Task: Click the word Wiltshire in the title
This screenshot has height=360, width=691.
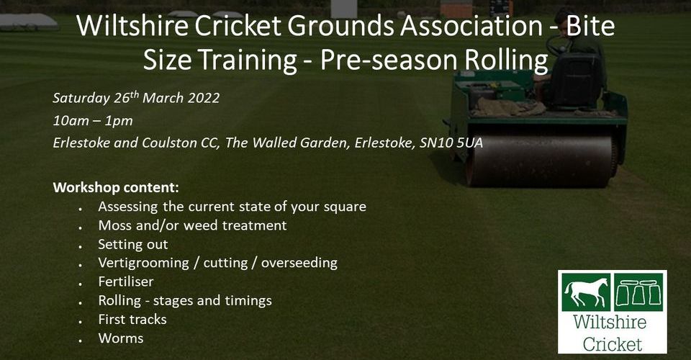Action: [132, 25]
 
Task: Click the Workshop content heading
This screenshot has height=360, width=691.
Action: [116, 188]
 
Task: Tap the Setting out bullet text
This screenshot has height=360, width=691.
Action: [133, 244]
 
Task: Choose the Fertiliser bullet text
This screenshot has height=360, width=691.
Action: [126, 282]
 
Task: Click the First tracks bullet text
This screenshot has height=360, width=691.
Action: [132, 320]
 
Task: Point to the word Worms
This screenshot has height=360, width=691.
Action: [121, 338]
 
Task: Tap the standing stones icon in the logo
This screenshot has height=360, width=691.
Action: [638, 292]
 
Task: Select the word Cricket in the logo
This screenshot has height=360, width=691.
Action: [613, 344]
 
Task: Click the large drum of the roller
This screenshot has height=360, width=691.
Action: [541, 161]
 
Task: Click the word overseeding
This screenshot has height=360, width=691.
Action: [299, 263]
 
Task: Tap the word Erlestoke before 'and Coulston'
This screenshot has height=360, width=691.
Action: [81, 143]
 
